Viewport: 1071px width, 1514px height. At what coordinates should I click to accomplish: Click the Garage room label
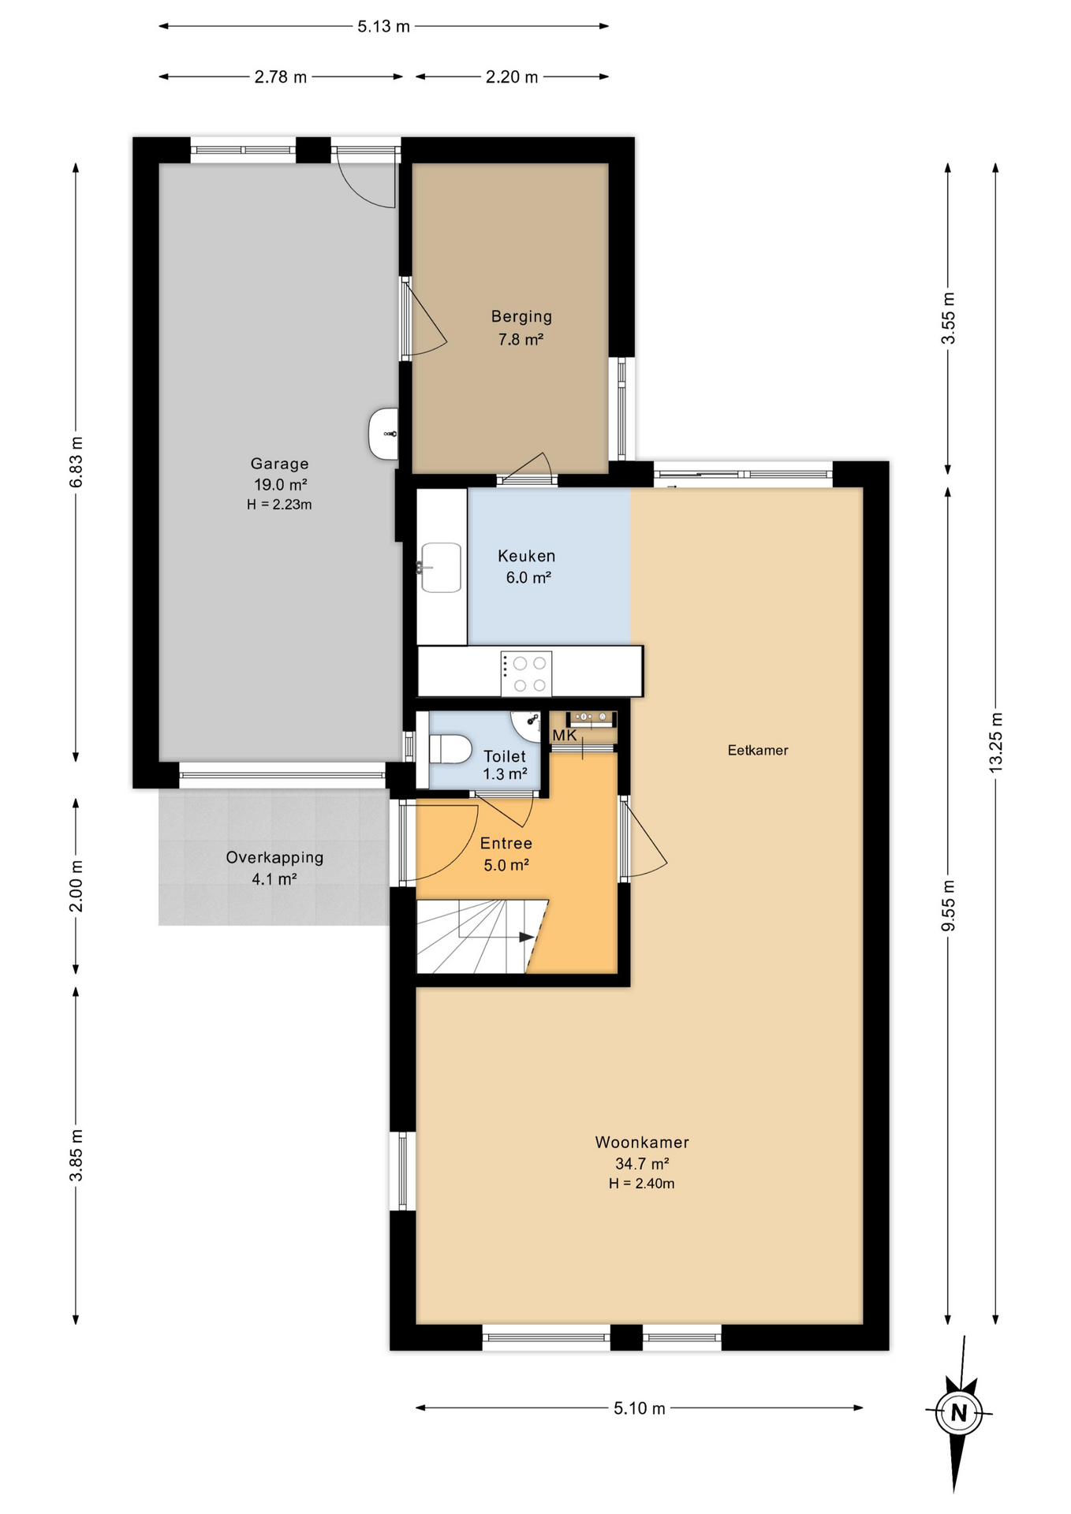[279, 483]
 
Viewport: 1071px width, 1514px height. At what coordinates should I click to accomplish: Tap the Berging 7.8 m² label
[521, 327]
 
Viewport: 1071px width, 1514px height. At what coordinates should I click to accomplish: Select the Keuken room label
[527, 566]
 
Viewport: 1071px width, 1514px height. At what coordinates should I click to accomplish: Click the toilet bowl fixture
[450, 748]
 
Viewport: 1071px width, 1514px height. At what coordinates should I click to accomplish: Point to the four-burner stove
[526, 674]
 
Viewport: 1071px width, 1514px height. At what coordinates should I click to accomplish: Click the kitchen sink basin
[441, 567]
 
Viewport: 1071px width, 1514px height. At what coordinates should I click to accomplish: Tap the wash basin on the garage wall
[383, 434]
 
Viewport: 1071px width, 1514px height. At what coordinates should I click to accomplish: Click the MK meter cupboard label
[565, 735]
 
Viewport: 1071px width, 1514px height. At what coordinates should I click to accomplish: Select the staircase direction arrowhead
[527, 937]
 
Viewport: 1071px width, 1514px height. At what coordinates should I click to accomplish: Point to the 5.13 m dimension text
[384, 26]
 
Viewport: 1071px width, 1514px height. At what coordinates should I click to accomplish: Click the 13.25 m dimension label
[996, 742]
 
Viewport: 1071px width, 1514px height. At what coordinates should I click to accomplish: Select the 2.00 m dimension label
[76, 886]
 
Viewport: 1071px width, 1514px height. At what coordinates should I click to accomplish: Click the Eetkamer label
[758, 750]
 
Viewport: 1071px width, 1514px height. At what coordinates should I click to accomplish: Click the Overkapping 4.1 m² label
[274, 867]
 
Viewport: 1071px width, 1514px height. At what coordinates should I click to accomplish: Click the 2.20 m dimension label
[512, 76]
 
